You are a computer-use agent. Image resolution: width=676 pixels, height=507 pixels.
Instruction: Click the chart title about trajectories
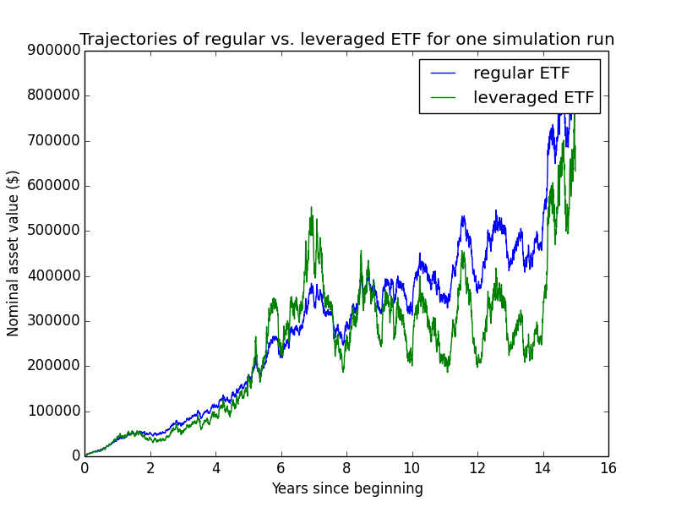[x=347, y=39]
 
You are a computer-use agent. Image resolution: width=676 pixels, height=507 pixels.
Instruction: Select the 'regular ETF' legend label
[x=521, y=73]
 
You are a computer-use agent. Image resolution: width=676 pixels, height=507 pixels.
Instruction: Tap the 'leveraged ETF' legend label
[x=534, y=97]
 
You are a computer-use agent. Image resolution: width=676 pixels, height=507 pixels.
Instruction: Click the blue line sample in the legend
[x=443, y=74]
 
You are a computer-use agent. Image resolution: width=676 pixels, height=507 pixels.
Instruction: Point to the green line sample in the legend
[x=443, y=98]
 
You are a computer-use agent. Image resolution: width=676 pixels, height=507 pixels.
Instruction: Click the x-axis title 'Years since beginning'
[x=347, y=489]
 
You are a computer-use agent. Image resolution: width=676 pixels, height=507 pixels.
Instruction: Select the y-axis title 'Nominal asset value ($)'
[x=13, y=253]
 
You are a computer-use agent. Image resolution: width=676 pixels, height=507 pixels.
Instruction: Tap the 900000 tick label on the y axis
[x=54, y=51]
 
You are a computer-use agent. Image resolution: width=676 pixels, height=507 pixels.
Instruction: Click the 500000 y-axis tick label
[x=54, y=231]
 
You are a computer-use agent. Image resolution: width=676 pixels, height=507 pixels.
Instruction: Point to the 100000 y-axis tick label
[x=54, y=411]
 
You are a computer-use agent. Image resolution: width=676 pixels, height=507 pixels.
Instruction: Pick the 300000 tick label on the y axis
[x=54, y=321]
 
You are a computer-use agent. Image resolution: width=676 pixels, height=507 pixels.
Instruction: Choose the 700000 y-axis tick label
[x=54, y=140]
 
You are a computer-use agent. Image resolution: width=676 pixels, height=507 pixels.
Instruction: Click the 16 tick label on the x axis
[x=608, y=468]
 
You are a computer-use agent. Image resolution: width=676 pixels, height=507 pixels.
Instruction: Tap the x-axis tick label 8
[x=346, y=468]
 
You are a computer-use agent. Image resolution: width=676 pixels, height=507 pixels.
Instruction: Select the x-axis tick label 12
[x=477, y=468]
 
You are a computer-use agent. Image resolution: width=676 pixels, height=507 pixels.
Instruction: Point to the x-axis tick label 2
[x=150, y=468]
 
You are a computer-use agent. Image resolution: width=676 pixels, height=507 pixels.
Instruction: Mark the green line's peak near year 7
[x=311, y=207]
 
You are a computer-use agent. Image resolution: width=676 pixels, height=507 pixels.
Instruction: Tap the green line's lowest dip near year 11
[x=448, y=372]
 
